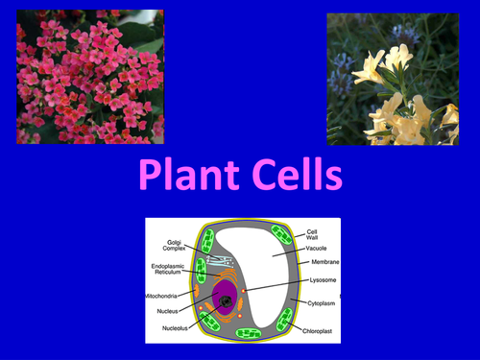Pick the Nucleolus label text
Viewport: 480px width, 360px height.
pos(167,326)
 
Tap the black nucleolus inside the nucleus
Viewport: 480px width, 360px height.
pos(227,304)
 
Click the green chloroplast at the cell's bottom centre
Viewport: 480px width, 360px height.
pos(248,333)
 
